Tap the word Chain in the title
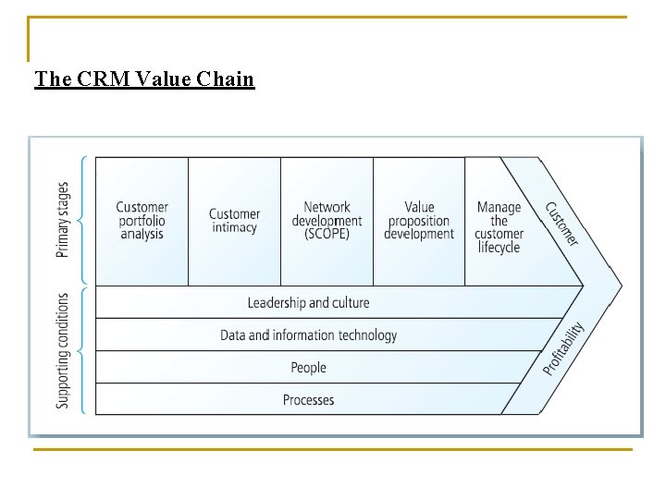226,79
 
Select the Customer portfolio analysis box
142,221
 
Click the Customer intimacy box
234,221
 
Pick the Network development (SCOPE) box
327,221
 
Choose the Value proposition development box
419,221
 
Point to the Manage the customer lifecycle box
499,227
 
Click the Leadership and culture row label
308,303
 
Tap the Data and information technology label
308,335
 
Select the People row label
308,368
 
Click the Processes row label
308,400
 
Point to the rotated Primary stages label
62,220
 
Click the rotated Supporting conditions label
62,350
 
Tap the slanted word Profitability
563,348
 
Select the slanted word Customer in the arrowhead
561,224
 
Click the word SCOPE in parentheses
327,235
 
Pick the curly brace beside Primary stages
84,220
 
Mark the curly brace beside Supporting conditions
84,350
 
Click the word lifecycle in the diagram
499,248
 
